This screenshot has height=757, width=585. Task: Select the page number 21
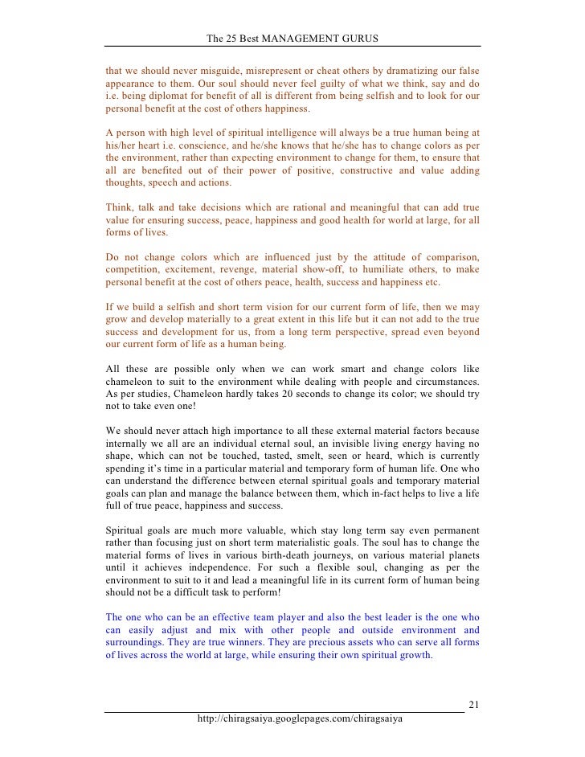coord(474,705)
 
